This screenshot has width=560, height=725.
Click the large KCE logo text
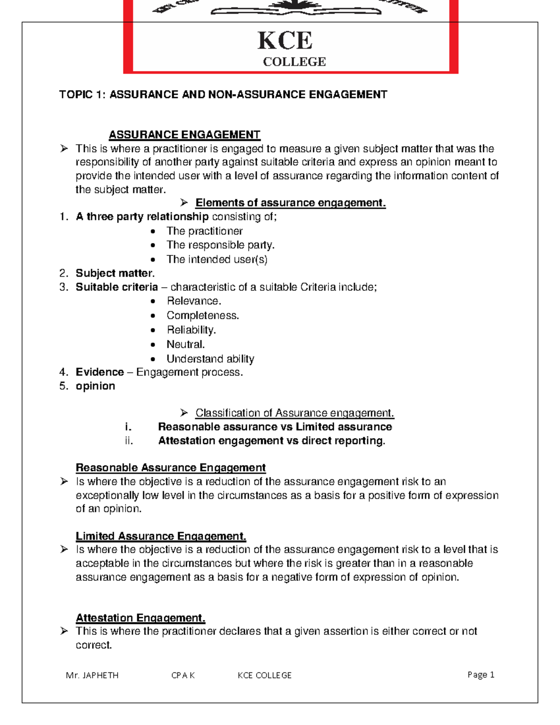pyautogui.click(x=285, y=41)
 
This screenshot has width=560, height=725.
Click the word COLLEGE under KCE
pyautogui.click(x=294, y=62)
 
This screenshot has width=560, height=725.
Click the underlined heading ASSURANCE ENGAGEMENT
pyautogui.click(x=184, y=135)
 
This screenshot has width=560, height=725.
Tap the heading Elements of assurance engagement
pyautogui.click(x=290, y=203)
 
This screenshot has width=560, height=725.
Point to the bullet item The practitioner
pyautogui.click(x=204, y=231)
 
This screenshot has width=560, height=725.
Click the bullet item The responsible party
pyautogui.click(x=220, y=245)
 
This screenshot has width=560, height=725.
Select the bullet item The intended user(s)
pyautogui.click(x=217, y=259)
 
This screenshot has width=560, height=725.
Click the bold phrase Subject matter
pyautogui.click(x=114, y=273)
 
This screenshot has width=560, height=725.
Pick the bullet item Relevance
pyautogui.click(x=194, y=301)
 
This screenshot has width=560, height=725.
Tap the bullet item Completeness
pyautogui.click(x=203, y=316)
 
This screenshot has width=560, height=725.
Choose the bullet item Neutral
pyautogui.click(x=186, y=345)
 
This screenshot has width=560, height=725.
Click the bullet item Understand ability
pyautogui.click(x=210, y=359)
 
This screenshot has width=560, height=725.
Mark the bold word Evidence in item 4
pyautogui.click(x=99, y=372)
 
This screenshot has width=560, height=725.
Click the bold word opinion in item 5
pyautogui.click(x=95, y=386)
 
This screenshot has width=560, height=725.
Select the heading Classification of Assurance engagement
pyautogui.click(x=294, y=413)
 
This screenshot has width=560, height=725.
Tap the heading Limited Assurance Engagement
pyautogui.click(x=161, y=536)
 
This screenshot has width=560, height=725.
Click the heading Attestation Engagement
pyautogui.click(x=140, y=618)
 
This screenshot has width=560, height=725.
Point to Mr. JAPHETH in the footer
pyautogui.click(x=92, y=675)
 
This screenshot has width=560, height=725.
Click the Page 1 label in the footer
pyautogui.click(x=481, y=675)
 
